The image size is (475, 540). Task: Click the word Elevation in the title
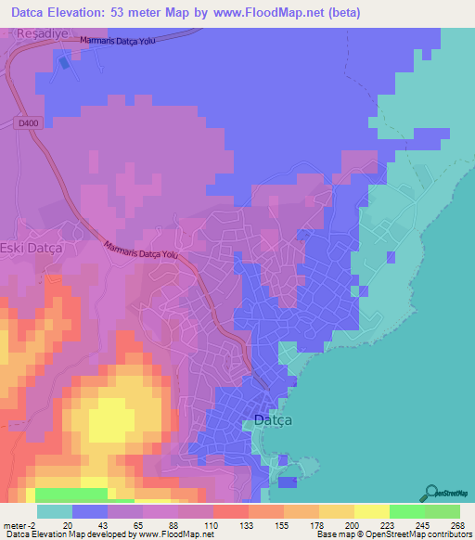88,12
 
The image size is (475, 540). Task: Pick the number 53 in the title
149,12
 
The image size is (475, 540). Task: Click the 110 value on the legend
212,524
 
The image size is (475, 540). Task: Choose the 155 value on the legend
283,524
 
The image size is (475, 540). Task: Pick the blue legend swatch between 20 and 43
89,511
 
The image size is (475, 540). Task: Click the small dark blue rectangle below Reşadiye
64,63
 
